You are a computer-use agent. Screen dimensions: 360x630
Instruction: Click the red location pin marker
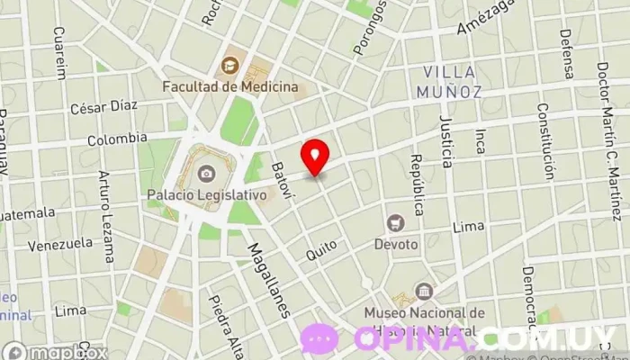tap(314, 157)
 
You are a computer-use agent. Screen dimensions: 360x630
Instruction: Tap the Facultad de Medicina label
tap(230, 86)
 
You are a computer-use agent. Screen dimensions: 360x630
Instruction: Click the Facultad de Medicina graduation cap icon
tap(230, 65)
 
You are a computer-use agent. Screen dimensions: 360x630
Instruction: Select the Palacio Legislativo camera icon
tap(207, 173)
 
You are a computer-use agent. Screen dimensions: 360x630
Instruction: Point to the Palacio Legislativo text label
tap(207, 193)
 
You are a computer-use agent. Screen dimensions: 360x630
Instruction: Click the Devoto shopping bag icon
tap(394, 222)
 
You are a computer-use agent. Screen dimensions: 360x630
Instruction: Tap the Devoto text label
tap(397, 244)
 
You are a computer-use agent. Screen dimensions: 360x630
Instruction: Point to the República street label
tap(417, 177)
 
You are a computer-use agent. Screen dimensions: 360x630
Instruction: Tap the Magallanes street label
tap(269, 280)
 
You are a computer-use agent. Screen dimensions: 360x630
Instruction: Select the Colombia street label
tap(117, 139)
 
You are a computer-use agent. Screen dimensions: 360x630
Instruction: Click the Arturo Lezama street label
tap(107, 217)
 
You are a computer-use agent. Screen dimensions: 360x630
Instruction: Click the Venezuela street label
tap(60, 243)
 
